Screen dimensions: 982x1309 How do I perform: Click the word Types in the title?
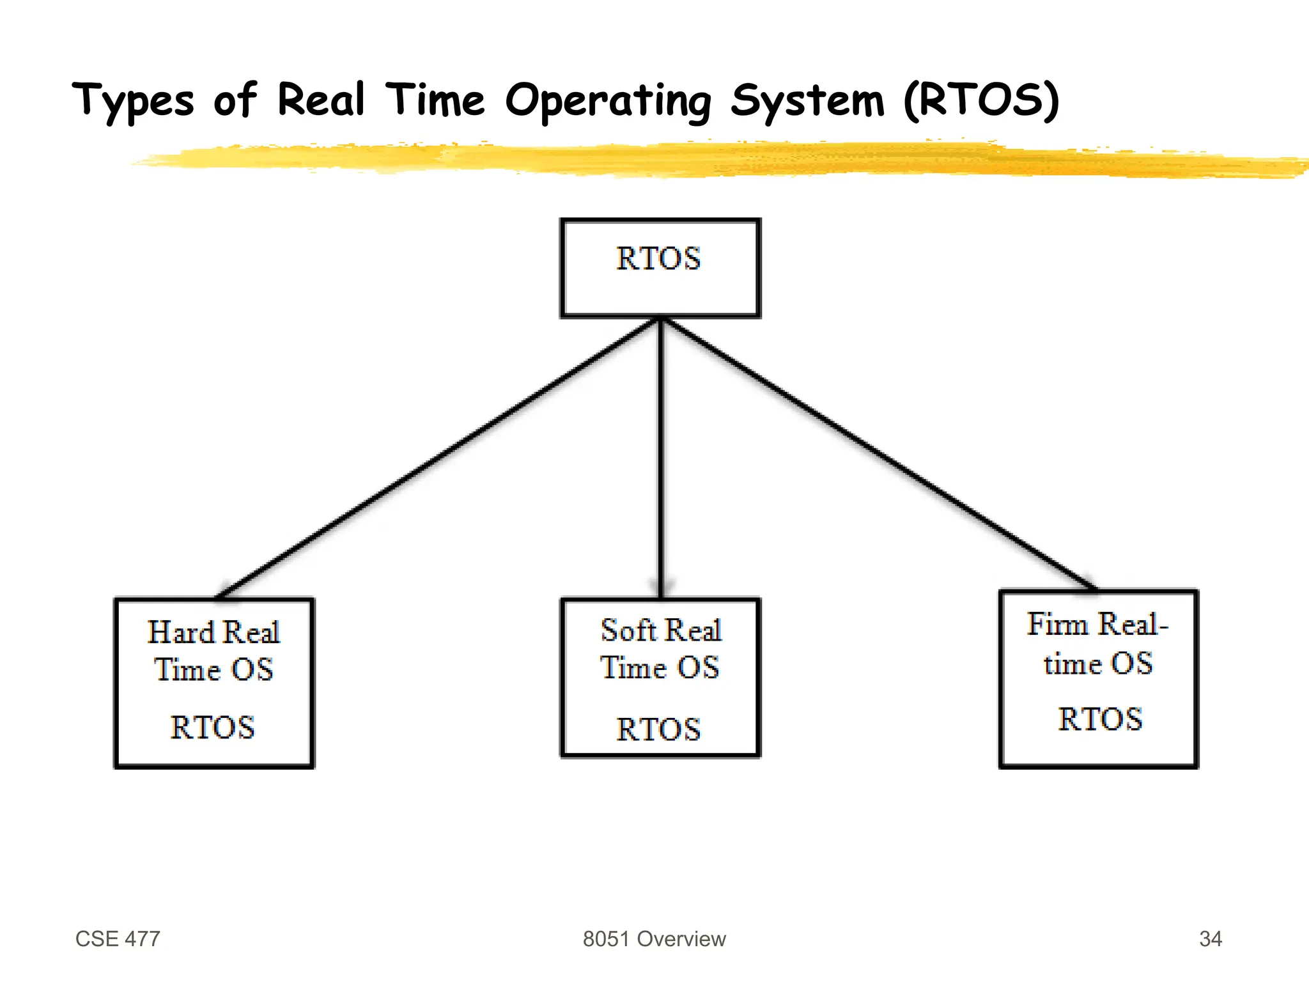133,101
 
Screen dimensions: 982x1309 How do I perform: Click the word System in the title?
807,101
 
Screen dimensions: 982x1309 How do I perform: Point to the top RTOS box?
660,268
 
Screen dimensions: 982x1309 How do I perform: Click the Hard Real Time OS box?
214,683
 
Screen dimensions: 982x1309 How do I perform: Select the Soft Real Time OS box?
660,678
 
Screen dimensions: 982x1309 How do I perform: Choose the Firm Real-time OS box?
1098,678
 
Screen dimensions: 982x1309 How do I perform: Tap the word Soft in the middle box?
628,630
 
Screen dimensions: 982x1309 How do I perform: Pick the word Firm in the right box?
1057,624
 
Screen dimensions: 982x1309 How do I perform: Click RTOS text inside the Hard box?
212,728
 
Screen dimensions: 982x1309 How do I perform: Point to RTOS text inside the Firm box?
1100,719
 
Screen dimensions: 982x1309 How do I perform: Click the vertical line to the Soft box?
661,457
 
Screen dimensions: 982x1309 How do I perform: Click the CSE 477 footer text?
118,939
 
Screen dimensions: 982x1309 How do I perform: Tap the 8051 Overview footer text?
654,939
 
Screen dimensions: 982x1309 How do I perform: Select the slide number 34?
1210,939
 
